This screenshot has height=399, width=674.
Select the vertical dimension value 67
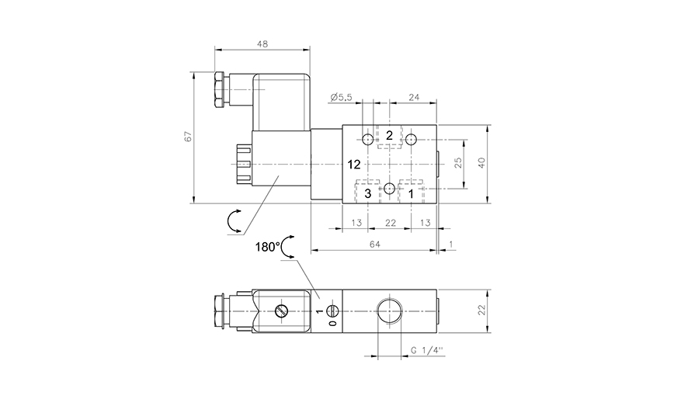(187, 137)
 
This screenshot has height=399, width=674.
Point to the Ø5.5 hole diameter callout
(341, 97)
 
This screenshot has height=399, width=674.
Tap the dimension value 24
(413, 97)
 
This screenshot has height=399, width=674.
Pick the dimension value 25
(458, 162)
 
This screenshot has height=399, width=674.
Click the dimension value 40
(481, 162)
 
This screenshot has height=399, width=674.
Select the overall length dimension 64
(373, 245)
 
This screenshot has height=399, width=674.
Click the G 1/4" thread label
(426, 351)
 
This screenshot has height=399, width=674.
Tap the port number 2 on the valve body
(390, 136)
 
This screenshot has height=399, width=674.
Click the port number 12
(355, 165)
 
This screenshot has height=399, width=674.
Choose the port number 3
(368, 193)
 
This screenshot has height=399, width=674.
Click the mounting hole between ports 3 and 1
(390, 188)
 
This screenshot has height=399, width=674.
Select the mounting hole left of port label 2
(368, 140)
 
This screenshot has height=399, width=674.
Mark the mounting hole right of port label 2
(412, 140)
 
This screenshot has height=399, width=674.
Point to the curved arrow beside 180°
(287, 247)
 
